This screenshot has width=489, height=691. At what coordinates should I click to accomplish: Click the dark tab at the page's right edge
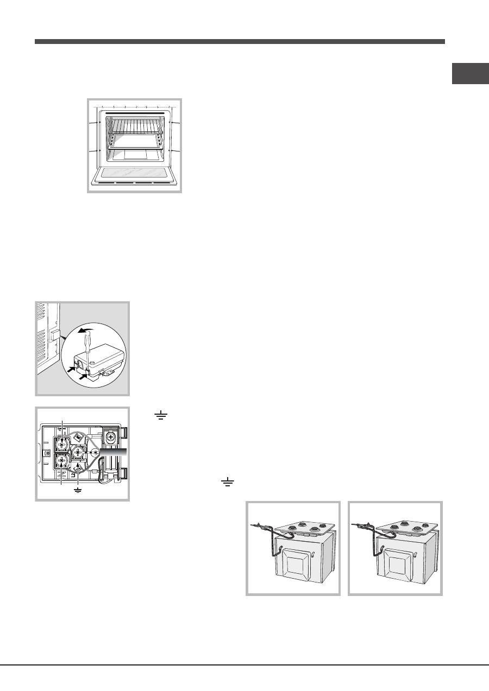(470, 74)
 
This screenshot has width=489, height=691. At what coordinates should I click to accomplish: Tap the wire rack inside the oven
(134, 129)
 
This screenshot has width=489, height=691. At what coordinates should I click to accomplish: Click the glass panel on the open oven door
(134, 174)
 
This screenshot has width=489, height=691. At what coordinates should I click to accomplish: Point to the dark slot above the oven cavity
(134, 113)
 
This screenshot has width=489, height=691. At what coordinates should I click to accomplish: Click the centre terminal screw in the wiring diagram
(78, 451)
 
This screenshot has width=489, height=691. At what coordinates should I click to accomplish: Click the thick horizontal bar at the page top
(240, 41)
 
